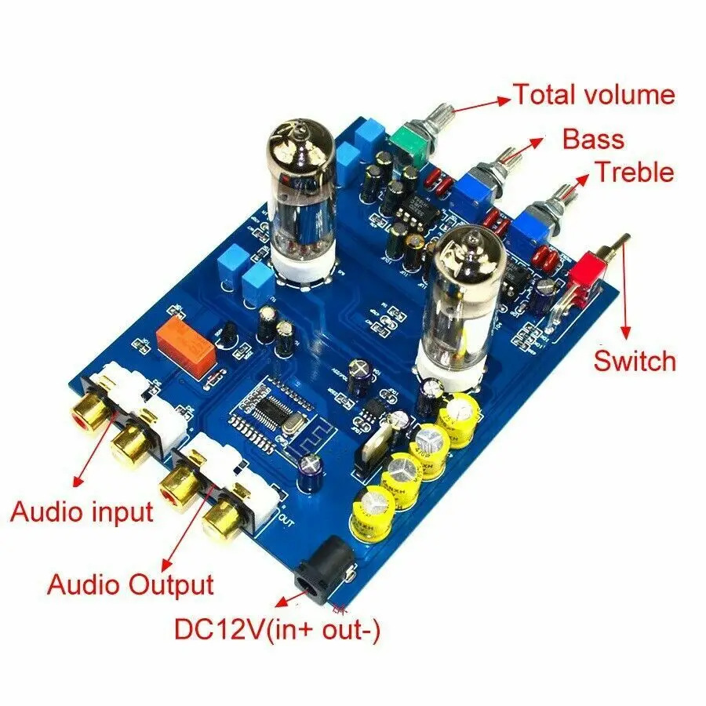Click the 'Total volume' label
click(x=593, y=95)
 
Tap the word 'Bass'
click(x=593, y=140)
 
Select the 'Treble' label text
click(x=634, y=172)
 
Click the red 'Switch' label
click(x=634, y=361)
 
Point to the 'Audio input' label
click(x=81, y=512)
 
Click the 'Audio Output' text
click(x=130, y=584)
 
